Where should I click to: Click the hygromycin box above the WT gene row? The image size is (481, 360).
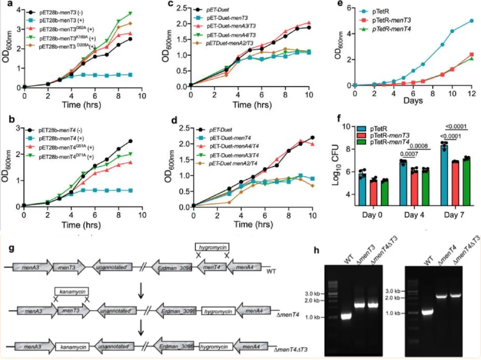[x=211, y=246]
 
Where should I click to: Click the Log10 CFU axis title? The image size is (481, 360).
[x=339, y=166]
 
